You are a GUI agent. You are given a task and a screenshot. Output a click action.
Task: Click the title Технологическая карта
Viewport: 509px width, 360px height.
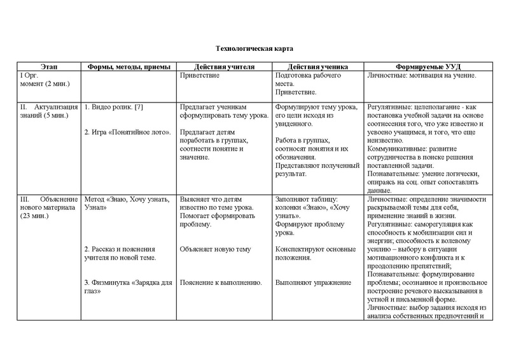click(254, 49)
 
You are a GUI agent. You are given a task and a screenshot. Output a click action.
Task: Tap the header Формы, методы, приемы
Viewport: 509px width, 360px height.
click(127, 67)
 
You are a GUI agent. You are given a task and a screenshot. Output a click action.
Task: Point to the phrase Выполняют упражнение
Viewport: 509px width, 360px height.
click(311, 282)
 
